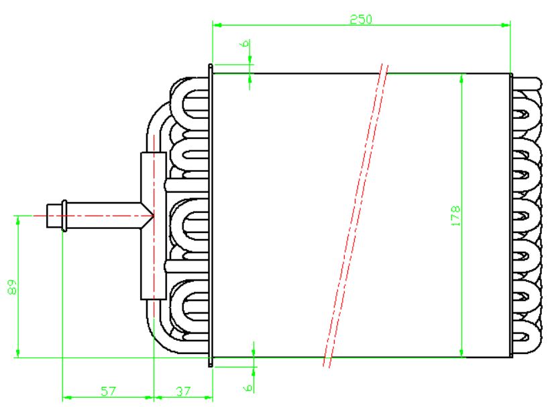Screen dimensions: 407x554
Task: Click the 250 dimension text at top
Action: click(360, 19)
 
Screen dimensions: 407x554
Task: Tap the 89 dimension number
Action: click(11, 287)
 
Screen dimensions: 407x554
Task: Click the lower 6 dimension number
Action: click(247, 388)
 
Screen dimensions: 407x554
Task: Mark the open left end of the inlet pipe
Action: click(48, 216)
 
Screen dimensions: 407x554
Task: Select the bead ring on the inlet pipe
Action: click(63, 216)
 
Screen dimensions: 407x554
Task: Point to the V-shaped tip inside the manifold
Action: click(150, 216)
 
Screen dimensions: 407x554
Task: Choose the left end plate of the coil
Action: click(211, 215)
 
